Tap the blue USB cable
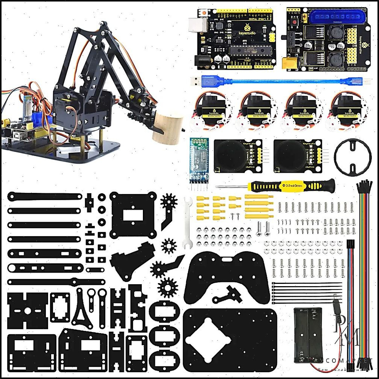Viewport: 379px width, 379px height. click(273, 81)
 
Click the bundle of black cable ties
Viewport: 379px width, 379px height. click(307, 292)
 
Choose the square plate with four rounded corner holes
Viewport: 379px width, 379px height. click(133, 214)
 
